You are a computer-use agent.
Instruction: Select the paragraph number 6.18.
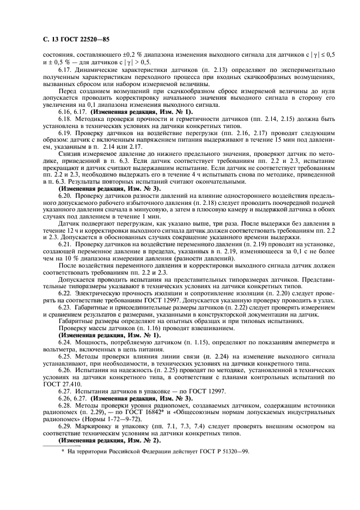[65, 118]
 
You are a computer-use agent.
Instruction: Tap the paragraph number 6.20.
[65, 195]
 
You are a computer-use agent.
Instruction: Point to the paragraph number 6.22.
[65, 293]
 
